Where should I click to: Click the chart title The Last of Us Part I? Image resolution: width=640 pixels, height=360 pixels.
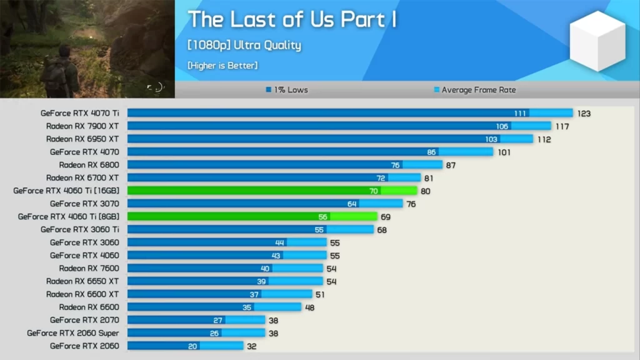[292, 19]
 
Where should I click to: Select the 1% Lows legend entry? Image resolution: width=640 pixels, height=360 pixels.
[287, 90]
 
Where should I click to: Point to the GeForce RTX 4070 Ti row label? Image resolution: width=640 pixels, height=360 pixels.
[79, 113]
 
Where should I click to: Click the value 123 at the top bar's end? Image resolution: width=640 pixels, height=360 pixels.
[584, 114]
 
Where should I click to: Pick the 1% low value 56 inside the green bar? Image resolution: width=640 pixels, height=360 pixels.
[323, 217]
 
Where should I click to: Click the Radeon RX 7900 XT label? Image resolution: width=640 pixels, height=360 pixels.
[82, 126]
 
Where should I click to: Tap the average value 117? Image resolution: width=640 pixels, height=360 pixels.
[562, 126]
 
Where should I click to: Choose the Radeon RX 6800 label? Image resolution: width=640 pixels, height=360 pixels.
[89, 165]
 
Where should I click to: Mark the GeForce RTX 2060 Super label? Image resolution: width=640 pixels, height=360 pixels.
[72, 333]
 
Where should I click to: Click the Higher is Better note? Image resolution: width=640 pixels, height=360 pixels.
[222, 65]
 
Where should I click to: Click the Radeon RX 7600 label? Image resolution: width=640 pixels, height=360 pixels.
[89, 268]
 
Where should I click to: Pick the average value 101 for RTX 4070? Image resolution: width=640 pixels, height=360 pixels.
[504, 152]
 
